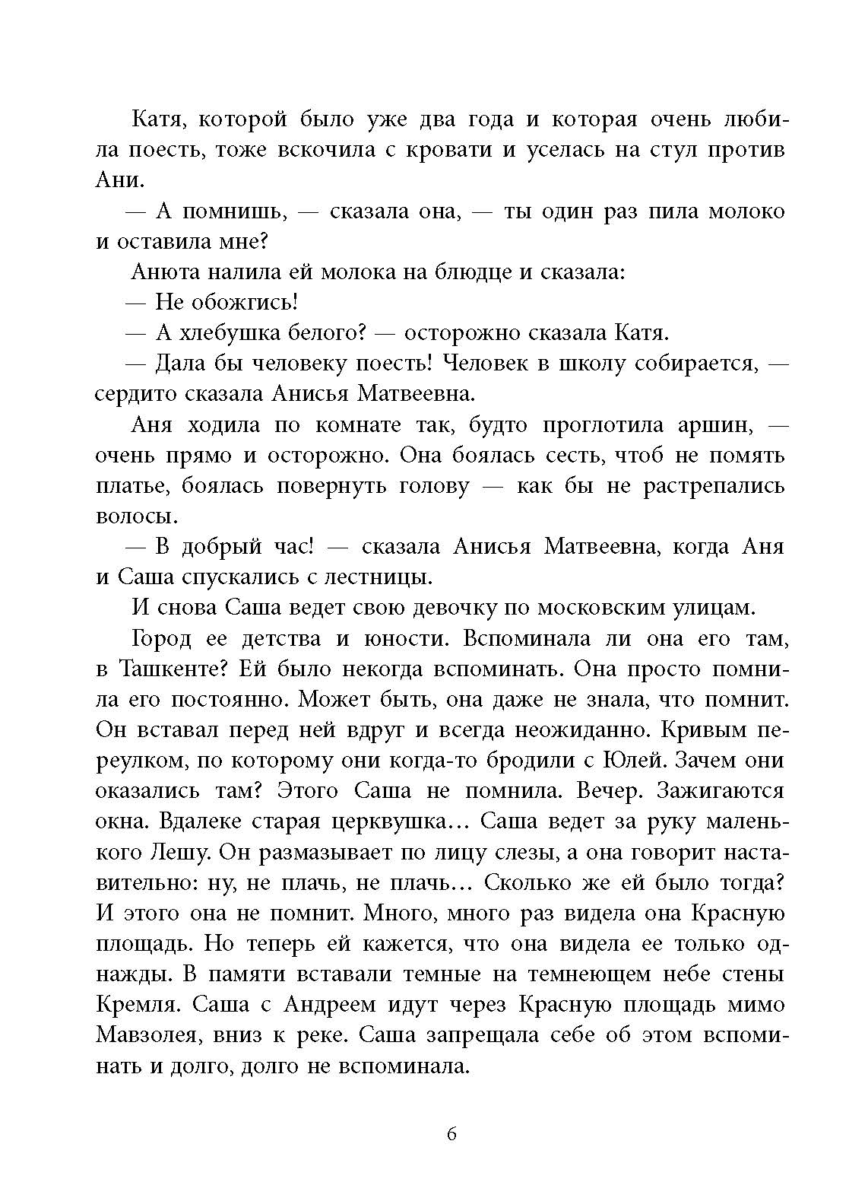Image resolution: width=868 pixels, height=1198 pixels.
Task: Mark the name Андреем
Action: click(329, 1005)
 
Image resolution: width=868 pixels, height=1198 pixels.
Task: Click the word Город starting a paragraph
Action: click(162, 639)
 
